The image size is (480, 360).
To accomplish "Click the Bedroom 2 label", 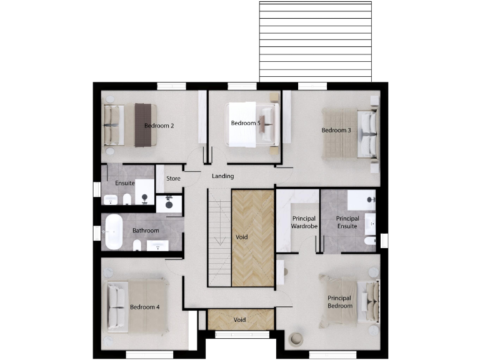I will pos(159,126).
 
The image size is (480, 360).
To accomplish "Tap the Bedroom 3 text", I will pos(336,130).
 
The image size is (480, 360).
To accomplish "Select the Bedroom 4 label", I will pos(144,307).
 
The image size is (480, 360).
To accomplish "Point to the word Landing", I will pos(222,176).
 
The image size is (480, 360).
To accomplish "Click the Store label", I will pos(173,179).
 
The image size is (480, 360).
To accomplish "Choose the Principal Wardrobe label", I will pos(304,222).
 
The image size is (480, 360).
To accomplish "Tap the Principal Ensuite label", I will pos(347,222).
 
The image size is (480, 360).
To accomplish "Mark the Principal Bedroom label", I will pos(340,302).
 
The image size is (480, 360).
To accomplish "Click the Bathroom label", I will pos(146,231).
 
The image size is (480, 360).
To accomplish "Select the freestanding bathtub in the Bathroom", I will pos(113,232).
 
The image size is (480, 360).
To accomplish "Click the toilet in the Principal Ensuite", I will pos(370,241).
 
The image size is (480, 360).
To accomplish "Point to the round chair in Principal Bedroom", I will pos(296,339).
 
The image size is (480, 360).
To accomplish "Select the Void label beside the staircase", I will pos(242,237).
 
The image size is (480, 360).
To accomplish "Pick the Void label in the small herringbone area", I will pos(240,320).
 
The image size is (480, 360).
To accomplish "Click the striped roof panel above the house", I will pos(316,41).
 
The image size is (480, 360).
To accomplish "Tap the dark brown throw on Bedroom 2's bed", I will pos(142,125).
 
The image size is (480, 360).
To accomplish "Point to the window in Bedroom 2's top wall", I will pos(171,86).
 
